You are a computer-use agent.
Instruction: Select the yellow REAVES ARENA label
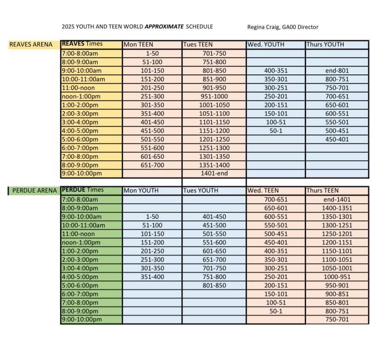coord(31,44)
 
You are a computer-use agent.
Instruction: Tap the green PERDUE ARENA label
coord(35,191)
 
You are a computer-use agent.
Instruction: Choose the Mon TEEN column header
coord(138,45)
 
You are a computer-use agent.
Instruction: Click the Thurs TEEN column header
coord(322,191)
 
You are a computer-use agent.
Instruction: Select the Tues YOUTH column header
coord(200,191)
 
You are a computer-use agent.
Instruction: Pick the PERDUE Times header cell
coord(82,190)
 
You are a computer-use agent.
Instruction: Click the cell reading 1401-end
coord(214,174)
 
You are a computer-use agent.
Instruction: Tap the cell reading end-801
coord(337,70)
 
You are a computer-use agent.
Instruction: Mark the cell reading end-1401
coord(337,199)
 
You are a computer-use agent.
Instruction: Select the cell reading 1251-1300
coord(214,148)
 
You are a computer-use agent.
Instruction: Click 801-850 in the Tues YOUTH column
coord(214,285)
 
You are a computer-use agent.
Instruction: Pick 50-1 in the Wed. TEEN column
coord(276,311)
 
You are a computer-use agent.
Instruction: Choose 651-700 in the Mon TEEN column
coord(152,165)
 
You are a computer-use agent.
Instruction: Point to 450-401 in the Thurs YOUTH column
coord(337,139)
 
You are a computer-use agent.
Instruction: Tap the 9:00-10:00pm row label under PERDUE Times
coord(82,320)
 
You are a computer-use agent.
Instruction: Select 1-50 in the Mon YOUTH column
coord(152,217)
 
